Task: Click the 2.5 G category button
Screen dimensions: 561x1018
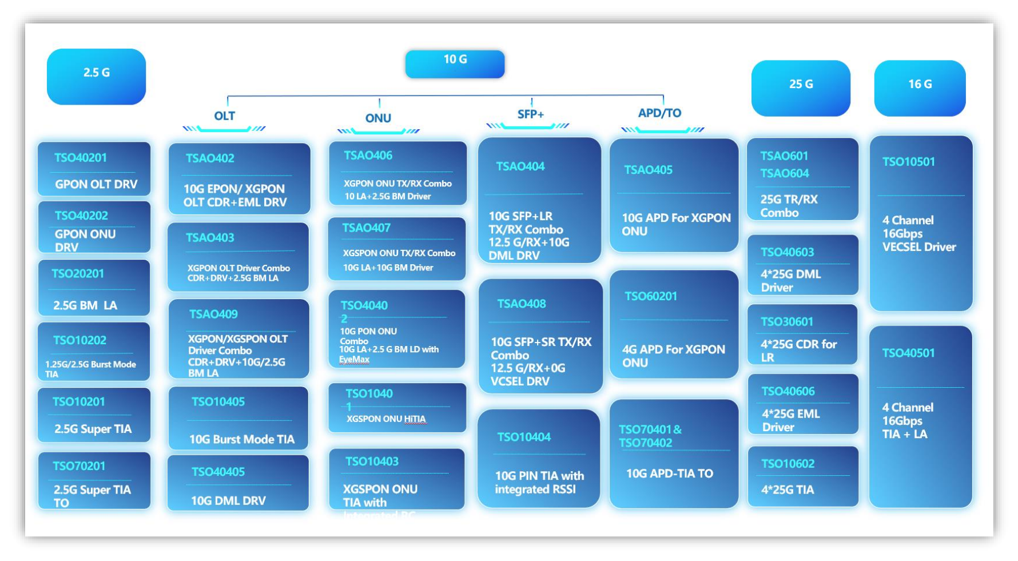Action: (x=96, y=75)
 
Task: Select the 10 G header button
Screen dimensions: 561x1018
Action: (x=455, y=63)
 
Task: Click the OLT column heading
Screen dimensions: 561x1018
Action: (x=224, y=116)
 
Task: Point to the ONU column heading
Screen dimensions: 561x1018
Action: (x=378, y=118)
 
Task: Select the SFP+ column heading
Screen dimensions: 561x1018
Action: (x=530, y=114)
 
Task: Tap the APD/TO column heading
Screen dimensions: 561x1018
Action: (x=659, y=113)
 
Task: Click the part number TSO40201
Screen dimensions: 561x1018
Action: (x=81, y=158)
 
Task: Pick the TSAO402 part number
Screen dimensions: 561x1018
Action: (x=210, y=158)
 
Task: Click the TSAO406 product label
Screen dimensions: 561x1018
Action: (x=368, y=156)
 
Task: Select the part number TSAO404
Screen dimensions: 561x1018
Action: (x=520, y=166)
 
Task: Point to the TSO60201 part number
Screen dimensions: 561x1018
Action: (x=650, y=296)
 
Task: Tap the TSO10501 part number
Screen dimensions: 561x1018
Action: (x=908, y=162)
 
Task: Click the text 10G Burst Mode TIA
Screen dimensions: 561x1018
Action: (x=242, y=439)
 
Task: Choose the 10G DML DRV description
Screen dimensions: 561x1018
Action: (x=228, y=501)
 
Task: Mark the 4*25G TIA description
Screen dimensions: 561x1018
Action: (x=787, y=490)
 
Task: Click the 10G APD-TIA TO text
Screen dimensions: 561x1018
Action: (x=669, y=474)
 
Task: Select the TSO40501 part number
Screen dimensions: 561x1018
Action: (x=908, y=353)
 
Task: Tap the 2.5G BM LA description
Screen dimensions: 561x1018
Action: (x=85, y=305)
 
